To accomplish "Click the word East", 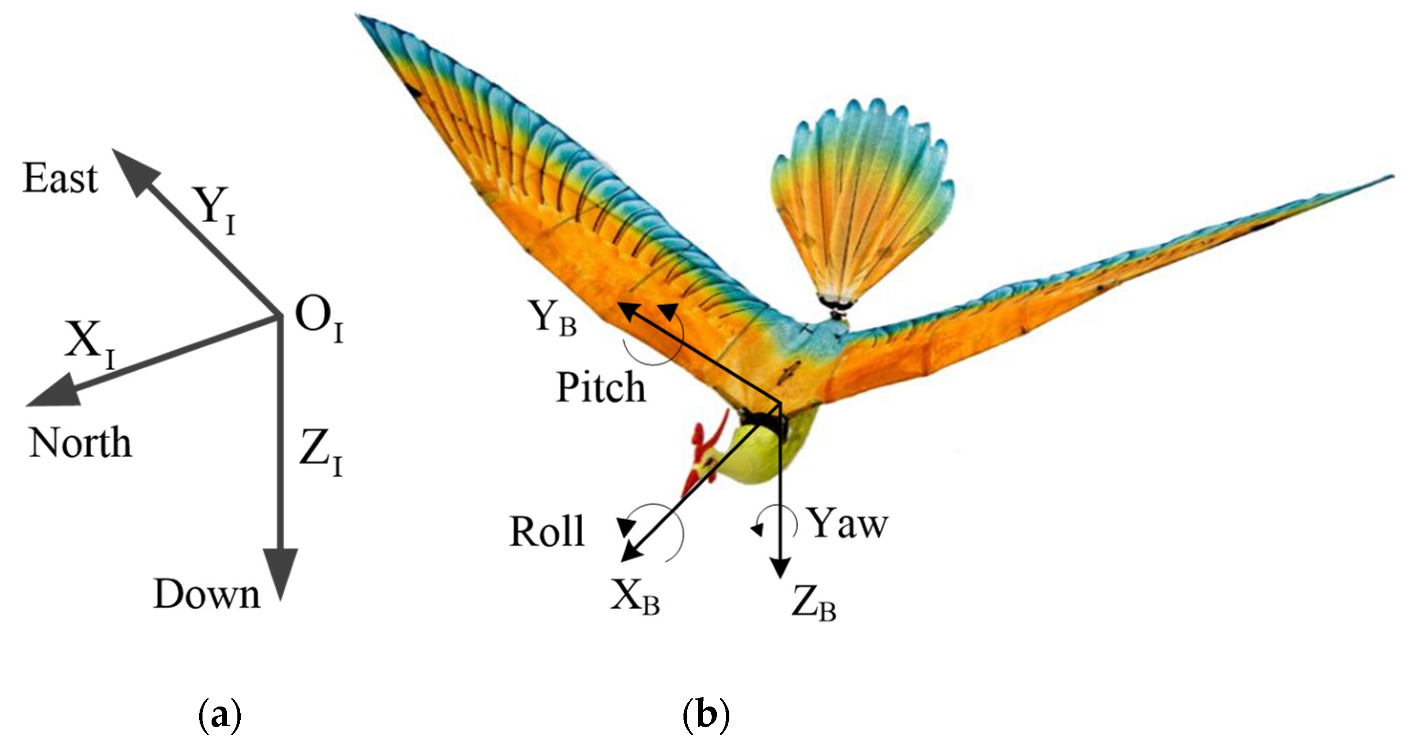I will click(x=60, y=179).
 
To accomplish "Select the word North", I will click(x=80, y=443).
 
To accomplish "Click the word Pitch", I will click(x=601, y=387).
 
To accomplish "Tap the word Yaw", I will click(x=848, y=524).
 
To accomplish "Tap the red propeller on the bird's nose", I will click(x=705, y=454).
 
